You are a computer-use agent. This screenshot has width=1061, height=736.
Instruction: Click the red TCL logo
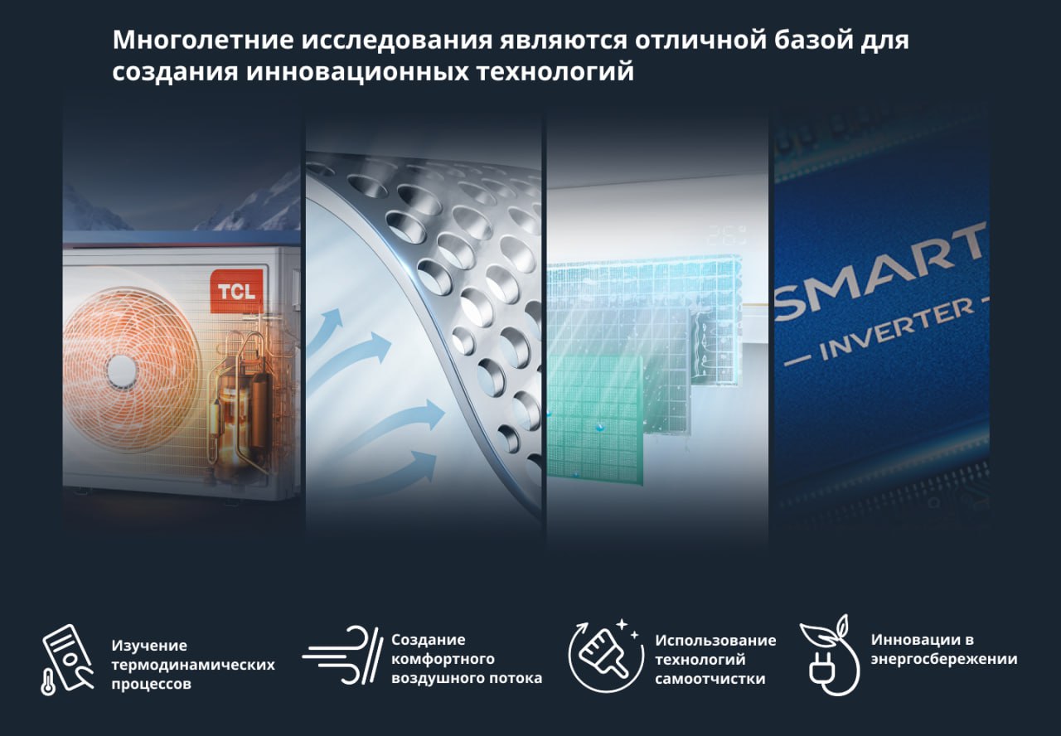click(x=236, y=291)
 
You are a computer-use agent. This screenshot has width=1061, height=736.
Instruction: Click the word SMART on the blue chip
click(x=881, y=272)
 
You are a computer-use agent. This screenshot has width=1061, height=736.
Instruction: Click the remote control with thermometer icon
click(x=66, y=659)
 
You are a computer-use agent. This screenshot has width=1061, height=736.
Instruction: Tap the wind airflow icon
click(x=342, y=655)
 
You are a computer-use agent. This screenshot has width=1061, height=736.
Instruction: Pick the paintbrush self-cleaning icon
click(x=605, y=656)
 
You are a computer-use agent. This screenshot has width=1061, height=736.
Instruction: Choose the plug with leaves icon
click(x=831, y=656)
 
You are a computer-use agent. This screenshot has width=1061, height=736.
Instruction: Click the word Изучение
click(x=149, y=645)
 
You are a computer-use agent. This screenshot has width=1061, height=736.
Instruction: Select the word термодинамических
click(x=193, y=665)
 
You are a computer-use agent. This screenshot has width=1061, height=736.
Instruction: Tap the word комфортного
click(x=443, y=659)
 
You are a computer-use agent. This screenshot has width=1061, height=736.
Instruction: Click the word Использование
click(x=715, y=641)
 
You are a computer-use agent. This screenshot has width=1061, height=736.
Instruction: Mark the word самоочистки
click(x=710, y=679)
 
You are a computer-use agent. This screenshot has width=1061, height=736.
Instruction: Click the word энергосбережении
click(x=944, y=659)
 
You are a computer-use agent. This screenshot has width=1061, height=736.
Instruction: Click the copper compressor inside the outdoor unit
click(x=237, y=407)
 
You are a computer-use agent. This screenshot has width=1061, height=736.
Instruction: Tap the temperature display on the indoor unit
click(x=726, y=235)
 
